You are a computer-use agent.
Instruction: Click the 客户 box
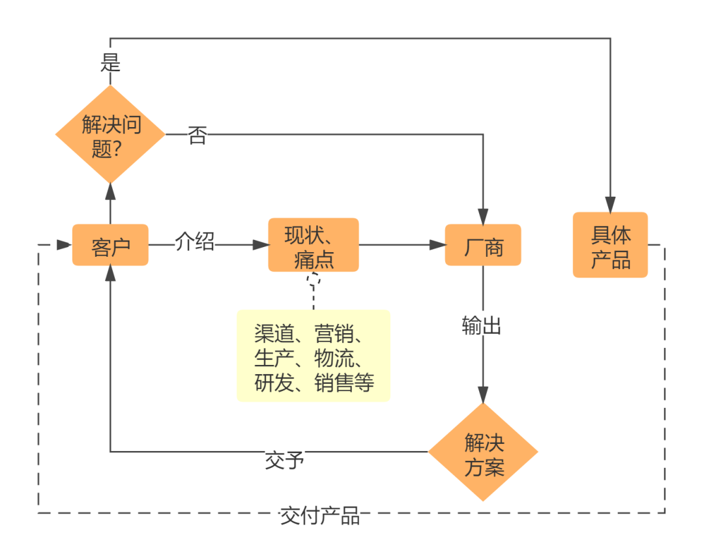click(x=110, y=245)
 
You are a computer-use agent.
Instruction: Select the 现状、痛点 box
click(x=314, y=245)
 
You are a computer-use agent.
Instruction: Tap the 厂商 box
click(x=483, y=245)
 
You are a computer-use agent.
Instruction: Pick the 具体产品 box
click(x=610, y=245)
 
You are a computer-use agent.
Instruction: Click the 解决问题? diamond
click(x=110, y=134)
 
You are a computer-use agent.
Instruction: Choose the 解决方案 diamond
click(x=483, y=452)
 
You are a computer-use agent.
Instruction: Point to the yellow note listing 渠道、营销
click(x=314, y=356)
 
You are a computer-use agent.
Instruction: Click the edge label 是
click(x=110, y=63)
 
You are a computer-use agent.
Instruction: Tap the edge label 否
click(x=197, y=136)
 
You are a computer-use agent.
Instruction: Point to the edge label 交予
click(x=285, y=461)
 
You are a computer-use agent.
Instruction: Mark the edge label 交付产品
click(x=319, y=516)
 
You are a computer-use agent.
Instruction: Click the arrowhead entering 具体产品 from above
click(x=610, y=204)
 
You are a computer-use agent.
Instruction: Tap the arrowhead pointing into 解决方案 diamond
click(x=483, y=395)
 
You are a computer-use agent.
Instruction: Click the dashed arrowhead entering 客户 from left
click(x=65, y=245)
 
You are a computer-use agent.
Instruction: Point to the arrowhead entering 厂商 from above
click(x=483, y=216)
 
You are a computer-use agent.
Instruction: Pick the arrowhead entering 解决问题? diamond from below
click(x=110, y=191)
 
